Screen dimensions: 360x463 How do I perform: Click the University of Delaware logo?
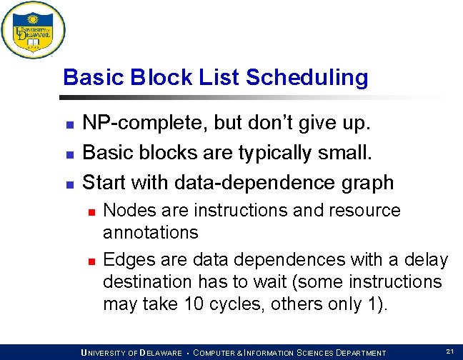coord(33,30)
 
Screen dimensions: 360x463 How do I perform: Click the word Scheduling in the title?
coord(307,77)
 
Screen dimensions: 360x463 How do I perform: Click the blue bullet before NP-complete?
coord(69,125)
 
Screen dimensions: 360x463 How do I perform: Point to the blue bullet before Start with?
coord(69,184)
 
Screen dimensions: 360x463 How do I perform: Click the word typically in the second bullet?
coord(277,153)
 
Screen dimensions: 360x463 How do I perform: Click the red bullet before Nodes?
coord(91,212)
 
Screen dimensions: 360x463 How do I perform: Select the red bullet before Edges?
coord(91,261)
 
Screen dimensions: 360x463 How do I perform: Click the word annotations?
coord(150,232)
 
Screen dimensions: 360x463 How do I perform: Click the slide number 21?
coord(449,351)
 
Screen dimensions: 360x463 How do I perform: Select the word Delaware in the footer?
coord(162,353)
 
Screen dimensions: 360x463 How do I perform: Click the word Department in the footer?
coord(355,353)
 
